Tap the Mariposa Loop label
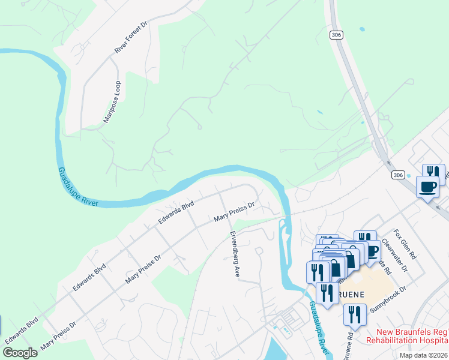[112, 102]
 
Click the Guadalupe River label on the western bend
[78, 187]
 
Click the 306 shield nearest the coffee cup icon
[398, 175]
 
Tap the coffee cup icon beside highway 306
[427, 187]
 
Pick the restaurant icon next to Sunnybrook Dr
[355, 315]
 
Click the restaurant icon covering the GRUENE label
[327, 293]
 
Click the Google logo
[20, 352]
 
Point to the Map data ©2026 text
[423, 355]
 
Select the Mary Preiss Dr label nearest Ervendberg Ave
[235, 212]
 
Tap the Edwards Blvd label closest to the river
[176, 212]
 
